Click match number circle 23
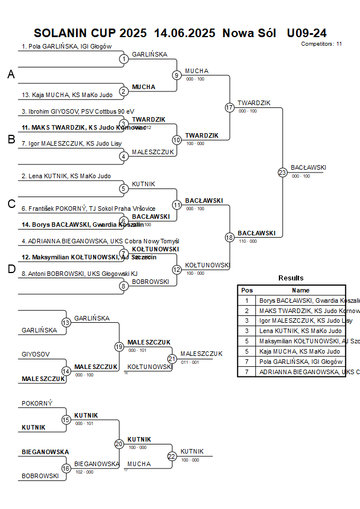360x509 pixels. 282,173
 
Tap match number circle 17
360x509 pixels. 230,107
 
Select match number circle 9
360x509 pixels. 177,75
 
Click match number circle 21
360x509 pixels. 172,359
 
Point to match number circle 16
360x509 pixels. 66,468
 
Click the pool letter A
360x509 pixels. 11,74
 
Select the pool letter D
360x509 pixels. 11,270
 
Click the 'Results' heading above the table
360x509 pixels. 291,278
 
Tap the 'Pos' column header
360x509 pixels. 247,290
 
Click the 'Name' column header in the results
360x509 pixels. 300,290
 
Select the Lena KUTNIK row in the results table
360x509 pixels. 300,331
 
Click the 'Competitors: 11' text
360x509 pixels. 321,43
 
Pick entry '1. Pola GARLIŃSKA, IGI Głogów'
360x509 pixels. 66,47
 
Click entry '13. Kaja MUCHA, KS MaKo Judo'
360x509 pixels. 67,95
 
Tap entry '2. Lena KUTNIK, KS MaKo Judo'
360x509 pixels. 66,177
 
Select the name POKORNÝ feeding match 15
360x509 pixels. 37,403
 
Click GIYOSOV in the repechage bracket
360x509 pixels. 36,354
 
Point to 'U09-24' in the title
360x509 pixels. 306,33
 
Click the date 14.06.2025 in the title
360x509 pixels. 185,33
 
